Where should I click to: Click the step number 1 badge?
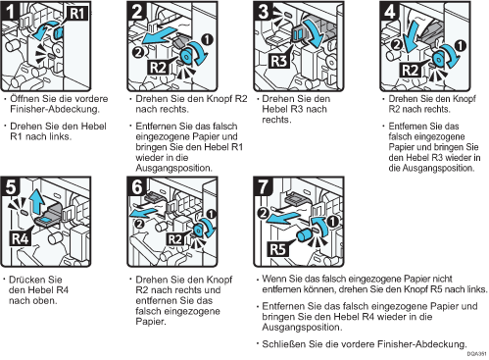[11, 11]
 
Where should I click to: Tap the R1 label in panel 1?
[77, 14]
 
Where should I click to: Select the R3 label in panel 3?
[279, 61]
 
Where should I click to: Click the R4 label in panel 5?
[21, 238]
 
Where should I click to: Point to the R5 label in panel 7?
[278, 249]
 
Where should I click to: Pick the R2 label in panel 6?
[174, 239]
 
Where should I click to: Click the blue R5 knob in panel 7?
[305, 235]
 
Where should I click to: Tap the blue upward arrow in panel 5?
[36, 200]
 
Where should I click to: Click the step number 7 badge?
[263, 187]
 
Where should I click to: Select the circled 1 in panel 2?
[208, 39]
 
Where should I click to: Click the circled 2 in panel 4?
[397, 44]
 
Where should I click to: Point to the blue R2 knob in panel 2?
[185, 57]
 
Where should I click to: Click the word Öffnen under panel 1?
[24, 98]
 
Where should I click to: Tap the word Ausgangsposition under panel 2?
[174, 168]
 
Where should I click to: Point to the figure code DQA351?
[476, 354]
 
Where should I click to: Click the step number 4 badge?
[389, 11]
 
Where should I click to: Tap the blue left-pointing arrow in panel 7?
[284, 219]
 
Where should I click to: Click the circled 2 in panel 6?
[139, 224]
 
